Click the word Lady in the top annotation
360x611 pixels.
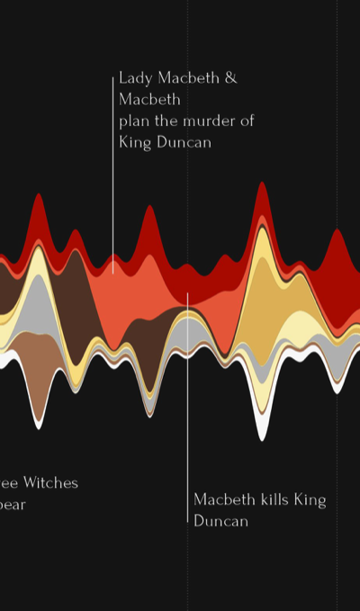(134, 78)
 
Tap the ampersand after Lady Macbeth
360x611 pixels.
(230, 78)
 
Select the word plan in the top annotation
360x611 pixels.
(134, 121)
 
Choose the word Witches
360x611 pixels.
(47, 483)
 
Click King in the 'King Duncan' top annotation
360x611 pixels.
(134, 142)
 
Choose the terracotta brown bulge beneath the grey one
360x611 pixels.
(38, 369)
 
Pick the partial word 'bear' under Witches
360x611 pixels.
(13, 504)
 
